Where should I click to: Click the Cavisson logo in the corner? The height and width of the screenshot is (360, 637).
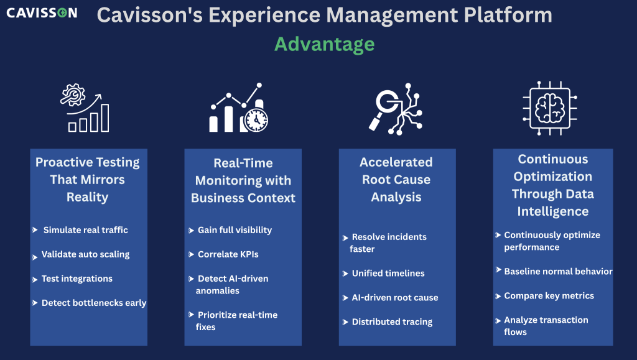(x=42, y=12)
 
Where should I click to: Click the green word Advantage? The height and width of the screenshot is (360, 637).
(x=324, y=44)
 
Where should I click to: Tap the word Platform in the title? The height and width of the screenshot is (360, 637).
(x=508, y=15)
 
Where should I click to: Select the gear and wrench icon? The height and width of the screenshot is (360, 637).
(x=73, y=95)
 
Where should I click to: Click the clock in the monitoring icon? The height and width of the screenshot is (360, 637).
(x=256, y=120)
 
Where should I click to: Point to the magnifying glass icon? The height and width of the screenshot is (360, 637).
(x=383, y=107)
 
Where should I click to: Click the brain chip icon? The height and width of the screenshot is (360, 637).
(x=550, y=108)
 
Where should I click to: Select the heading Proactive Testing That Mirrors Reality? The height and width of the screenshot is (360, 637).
(x=87, y=180)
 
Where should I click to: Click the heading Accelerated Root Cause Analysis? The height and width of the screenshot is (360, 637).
(x=396, y=180)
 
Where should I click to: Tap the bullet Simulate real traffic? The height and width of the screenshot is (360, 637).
(x=86, y=230)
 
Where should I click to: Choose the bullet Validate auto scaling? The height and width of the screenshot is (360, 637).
(x=85, y=254)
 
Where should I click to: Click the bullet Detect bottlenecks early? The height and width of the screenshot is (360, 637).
(x=94, y=303)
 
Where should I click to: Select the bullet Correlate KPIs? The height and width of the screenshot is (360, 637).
(x=228, y=254)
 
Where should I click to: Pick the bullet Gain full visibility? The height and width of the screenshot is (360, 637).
(x=235, y=230)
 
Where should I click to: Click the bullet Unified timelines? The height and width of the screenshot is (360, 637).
(x=388, y=274)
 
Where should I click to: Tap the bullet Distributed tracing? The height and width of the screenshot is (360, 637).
(x=392, y=322)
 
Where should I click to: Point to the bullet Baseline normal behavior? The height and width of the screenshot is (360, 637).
(x=558, y=272)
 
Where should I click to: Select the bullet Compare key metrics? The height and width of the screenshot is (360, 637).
(x=549, y=296)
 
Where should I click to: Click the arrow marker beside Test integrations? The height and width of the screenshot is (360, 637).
(x=35, y=280)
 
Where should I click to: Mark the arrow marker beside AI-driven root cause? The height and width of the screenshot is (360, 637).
(x=345, y=298)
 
